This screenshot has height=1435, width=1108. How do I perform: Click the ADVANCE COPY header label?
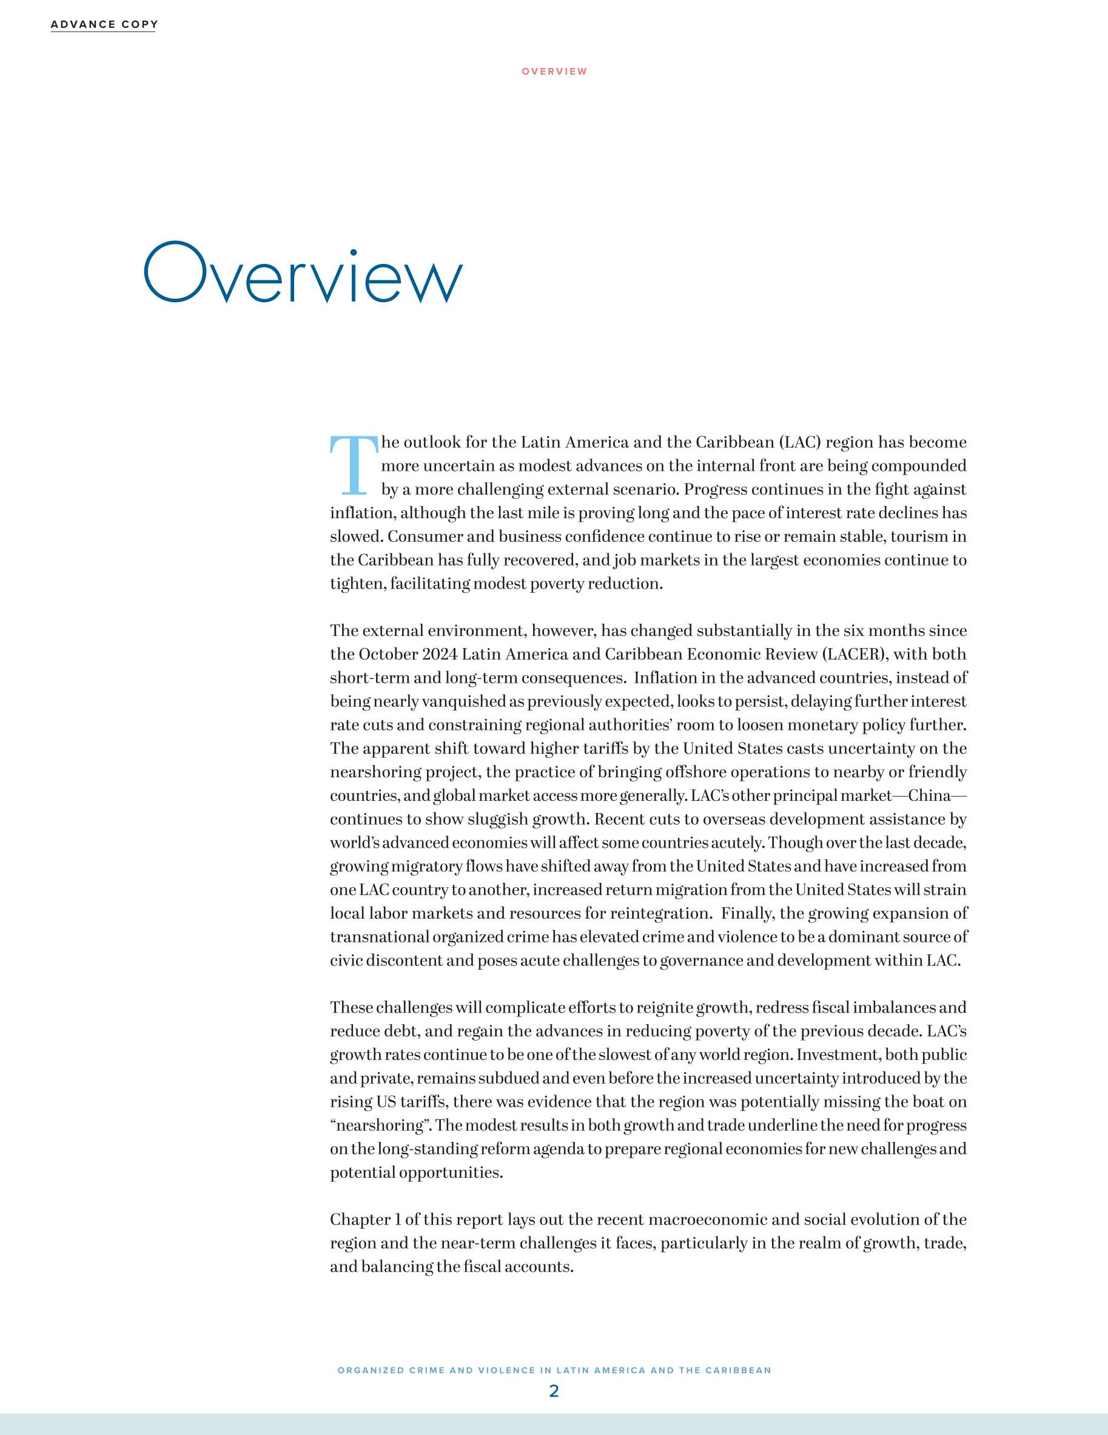pyautogui.click(x=104, y=24)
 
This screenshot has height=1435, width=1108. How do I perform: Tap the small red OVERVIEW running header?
pyautogui.click(x=554, y=71)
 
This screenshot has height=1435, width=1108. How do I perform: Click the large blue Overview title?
pyautogui.click(x=303, y=273)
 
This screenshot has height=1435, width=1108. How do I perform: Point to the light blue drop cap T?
pyautogui.click(x=354, y=465)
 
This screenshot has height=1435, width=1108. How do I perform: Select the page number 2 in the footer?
pyautogui.click(x=554, y=1390)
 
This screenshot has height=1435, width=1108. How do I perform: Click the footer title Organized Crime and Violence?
pyautogui.click(x=554, y=1370)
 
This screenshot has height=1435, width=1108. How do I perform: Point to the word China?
pyautogui.click(x=929, y=795)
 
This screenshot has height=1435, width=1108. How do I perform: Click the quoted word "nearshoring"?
pyautogui.click(x=380, y=1126)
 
